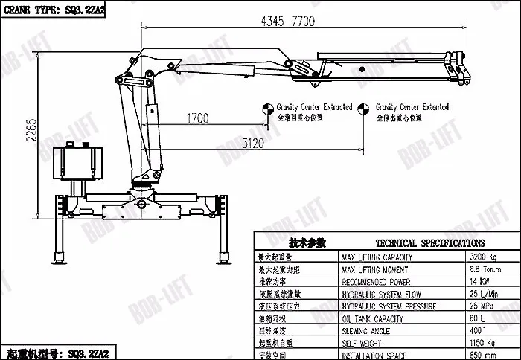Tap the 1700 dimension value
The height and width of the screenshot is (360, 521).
(x=198, y=118)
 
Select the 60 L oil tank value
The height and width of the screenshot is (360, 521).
(x=477, y=319)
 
